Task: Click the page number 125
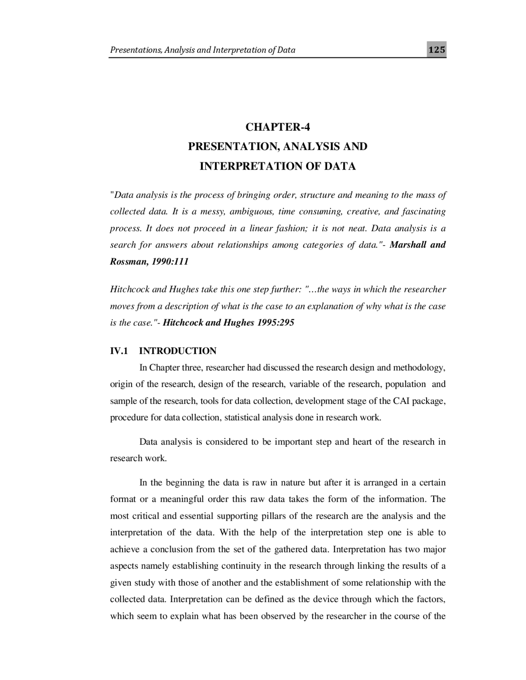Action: (436, 50)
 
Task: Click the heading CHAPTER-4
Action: (277, 127)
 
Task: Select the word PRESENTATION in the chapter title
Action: (233, 147)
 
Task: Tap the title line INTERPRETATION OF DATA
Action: (277, 166)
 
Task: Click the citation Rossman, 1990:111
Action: (149, 262)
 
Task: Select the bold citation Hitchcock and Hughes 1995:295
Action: (228, 322)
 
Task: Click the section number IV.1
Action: (119, 351)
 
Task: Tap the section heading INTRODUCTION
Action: (178, 351)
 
